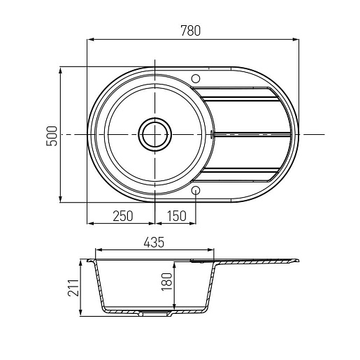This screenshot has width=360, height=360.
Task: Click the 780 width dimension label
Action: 190,31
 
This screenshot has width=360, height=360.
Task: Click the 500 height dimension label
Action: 52,136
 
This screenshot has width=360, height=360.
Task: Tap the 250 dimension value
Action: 123,216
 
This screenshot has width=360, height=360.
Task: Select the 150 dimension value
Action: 177,216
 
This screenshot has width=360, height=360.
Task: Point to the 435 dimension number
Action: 154,243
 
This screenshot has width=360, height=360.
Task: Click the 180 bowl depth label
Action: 167,282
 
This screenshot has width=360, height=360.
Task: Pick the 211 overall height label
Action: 73,288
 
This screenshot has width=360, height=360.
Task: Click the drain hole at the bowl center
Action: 155,134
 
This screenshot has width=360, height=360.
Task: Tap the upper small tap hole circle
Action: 196,79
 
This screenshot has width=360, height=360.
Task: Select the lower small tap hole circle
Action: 196,190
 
